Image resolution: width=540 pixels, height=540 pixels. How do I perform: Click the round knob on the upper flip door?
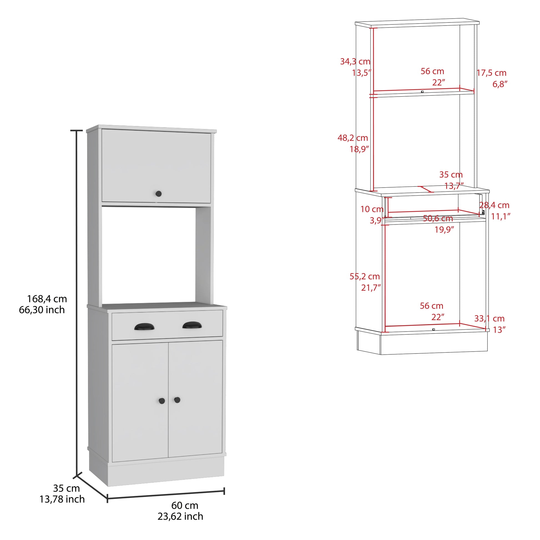[x=158, y=193]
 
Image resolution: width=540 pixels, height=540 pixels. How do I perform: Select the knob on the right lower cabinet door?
[x=177, y=400]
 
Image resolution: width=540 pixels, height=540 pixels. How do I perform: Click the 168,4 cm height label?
[x=47, y=299]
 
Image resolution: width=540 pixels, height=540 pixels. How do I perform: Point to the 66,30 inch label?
[x=42, y=310]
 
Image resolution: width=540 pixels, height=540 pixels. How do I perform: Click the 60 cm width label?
[x=185, y=505]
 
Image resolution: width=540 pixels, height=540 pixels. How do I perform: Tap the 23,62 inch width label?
[x=180, y=516]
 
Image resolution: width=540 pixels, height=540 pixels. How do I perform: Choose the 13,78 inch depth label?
[x=62, y=499]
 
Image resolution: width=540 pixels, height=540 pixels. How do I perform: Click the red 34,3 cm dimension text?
[x=355, y=62]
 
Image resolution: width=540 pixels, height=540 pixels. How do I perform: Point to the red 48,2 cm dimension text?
[x=353, y=138]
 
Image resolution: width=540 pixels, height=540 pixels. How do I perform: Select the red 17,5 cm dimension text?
[x=491, y=73]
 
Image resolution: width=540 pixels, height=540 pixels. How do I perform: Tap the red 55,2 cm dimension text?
[x=364, y=276]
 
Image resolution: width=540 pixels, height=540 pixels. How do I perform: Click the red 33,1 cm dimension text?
[x=489, y=318]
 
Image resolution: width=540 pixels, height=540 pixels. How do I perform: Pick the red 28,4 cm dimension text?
[x=494, y=205]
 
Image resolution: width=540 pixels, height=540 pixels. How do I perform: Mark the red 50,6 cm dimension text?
[x=438, y=218]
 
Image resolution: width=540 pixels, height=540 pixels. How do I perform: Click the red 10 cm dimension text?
[x=372, y=209]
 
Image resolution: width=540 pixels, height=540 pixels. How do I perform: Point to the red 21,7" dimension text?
[x=371, y=287]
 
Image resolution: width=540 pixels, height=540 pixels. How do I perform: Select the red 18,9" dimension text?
[x=359, y=149]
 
